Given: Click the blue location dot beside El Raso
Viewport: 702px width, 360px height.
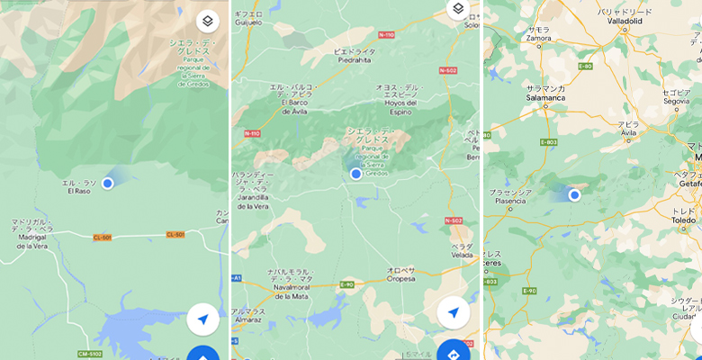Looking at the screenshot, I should point(108,183).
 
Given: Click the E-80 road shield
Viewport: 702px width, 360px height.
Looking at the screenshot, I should point(586,66).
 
